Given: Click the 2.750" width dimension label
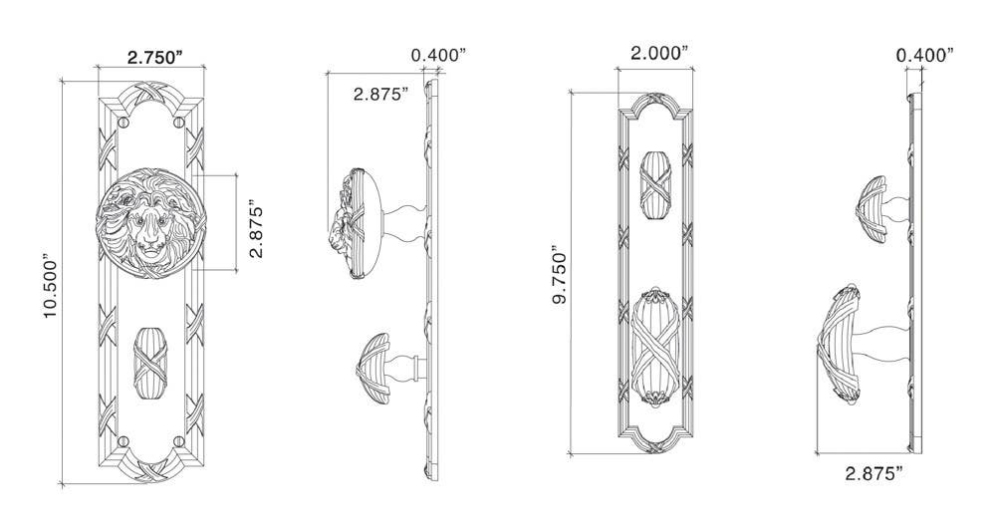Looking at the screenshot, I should point(154,58).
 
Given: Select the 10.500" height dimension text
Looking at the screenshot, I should point(52,289).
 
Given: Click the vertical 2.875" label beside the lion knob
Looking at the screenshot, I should point(257,231).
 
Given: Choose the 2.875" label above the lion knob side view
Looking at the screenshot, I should point(380,95).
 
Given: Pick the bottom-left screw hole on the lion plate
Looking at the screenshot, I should point(123,440).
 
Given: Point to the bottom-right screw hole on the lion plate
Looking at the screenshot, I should point(178,440).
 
